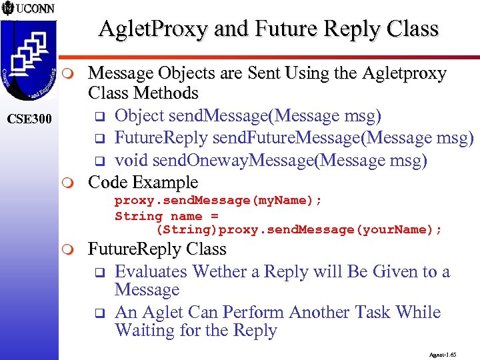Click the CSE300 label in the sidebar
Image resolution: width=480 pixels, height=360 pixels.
29,119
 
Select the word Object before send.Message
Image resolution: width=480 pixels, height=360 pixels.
139,116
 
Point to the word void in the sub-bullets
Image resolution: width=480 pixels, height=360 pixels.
131,161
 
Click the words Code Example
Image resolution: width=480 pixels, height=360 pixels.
143,182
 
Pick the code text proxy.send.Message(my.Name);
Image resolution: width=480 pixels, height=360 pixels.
218,201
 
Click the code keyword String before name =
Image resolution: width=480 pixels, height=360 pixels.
139,215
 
